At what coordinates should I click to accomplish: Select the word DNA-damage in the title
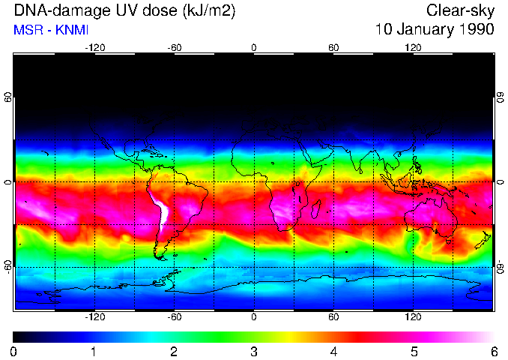[x=48, y=10]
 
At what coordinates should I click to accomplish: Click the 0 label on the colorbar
[x=14, y=351]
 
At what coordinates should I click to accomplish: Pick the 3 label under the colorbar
[x=254, y=351]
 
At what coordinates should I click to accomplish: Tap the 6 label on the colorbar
[x=493, y=351]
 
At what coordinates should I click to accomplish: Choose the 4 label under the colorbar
[x=333, y=351]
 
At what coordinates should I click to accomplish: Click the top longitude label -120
[x=94, y=48]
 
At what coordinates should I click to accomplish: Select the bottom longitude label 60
[x=333, y=317]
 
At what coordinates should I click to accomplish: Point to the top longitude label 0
[x=254, y=48]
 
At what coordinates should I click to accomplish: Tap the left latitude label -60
[x=7, y=267]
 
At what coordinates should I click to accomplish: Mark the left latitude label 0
[x=7, y=182]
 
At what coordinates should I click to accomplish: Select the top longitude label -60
[x=175, y=48]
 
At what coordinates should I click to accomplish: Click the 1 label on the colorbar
[x=94, y=351]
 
